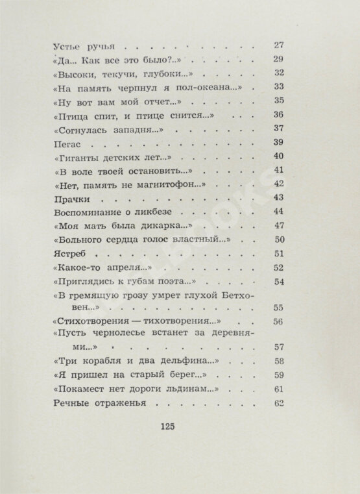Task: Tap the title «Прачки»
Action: tap(67, 197)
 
